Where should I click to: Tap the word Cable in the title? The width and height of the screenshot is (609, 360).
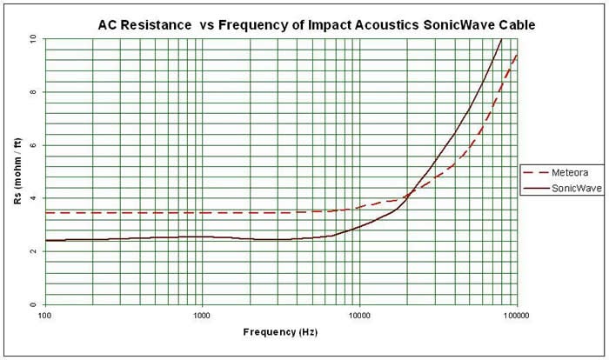516,24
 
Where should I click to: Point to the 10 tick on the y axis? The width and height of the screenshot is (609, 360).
33,39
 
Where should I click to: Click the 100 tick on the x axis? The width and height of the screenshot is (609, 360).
45,315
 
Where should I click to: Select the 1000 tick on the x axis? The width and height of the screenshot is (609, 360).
203,315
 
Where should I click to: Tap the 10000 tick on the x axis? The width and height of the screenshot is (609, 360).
359,315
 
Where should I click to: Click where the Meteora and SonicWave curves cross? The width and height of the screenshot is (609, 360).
407,197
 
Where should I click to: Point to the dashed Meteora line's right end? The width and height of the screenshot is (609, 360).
517,54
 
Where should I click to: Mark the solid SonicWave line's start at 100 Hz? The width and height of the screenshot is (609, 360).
46,240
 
